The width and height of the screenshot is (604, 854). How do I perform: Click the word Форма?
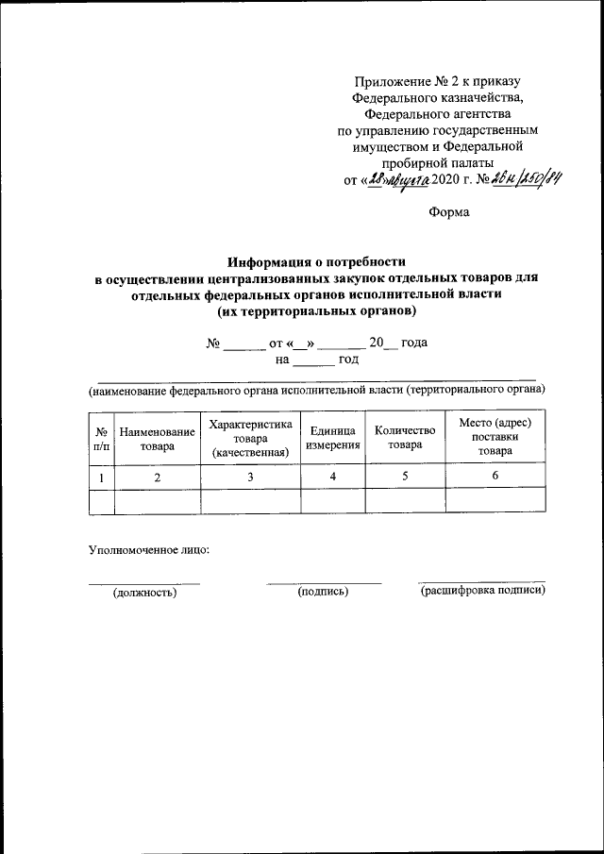tap(449, 213)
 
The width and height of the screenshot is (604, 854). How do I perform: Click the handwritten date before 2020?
tap(396, 182)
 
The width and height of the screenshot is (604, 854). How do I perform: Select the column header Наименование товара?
tap(158, 438)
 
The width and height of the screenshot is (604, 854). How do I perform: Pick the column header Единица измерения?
tap(332, 438)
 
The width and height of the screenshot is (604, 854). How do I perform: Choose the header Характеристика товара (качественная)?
tap(250, 438)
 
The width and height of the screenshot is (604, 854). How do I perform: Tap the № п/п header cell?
tap(101, 438)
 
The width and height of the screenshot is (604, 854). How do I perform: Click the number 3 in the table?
tap(251, 477)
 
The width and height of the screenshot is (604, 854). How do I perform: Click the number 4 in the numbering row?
tap(332, 477)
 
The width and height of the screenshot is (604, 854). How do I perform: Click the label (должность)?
tap(144, 593)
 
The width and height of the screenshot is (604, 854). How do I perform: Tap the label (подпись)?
tap(323, 592)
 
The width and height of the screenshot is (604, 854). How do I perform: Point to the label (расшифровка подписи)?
tap(482, 591)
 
